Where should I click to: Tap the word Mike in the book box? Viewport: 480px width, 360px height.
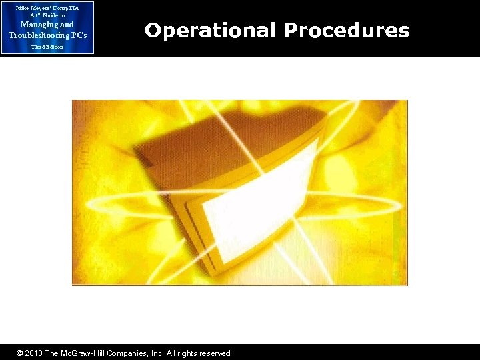pyautogui.click(x=22, y=7)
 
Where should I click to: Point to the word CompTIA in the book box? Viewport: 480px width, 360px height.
pyautogui.click(x=65, y=7)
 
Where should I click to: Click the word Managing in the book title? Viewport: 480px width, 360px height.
pyautogui.click(x=30, y=25)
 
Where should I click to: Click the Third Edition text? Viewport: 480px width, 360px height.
pyautogui.click(x=47, y=47)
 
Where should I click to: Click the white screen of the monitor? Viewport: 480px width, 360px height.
pyautogui.click(x=253, y=200)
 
